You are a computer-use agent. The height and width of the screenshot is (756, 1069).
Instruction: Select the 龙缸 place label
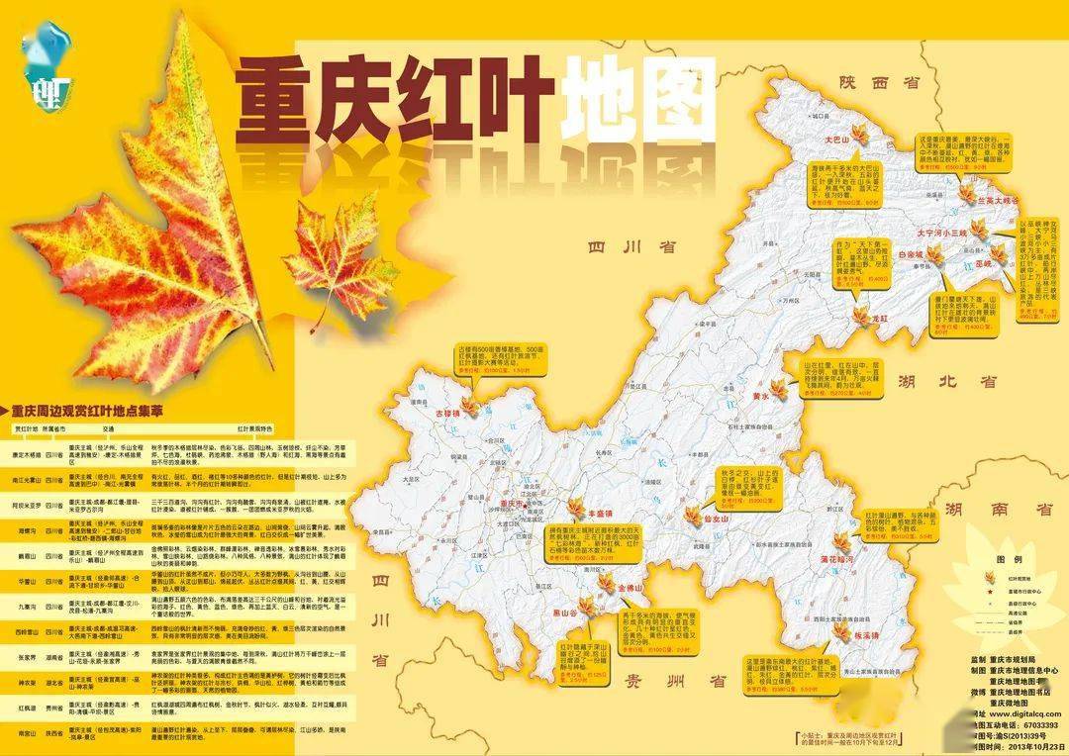point(881,320)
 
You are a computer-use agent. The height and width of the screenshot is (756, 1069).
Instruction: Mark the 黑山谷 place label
point(564,614)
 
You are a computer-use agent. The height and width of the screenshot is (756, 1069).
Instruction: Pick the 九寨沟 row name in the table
point(25,606)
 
